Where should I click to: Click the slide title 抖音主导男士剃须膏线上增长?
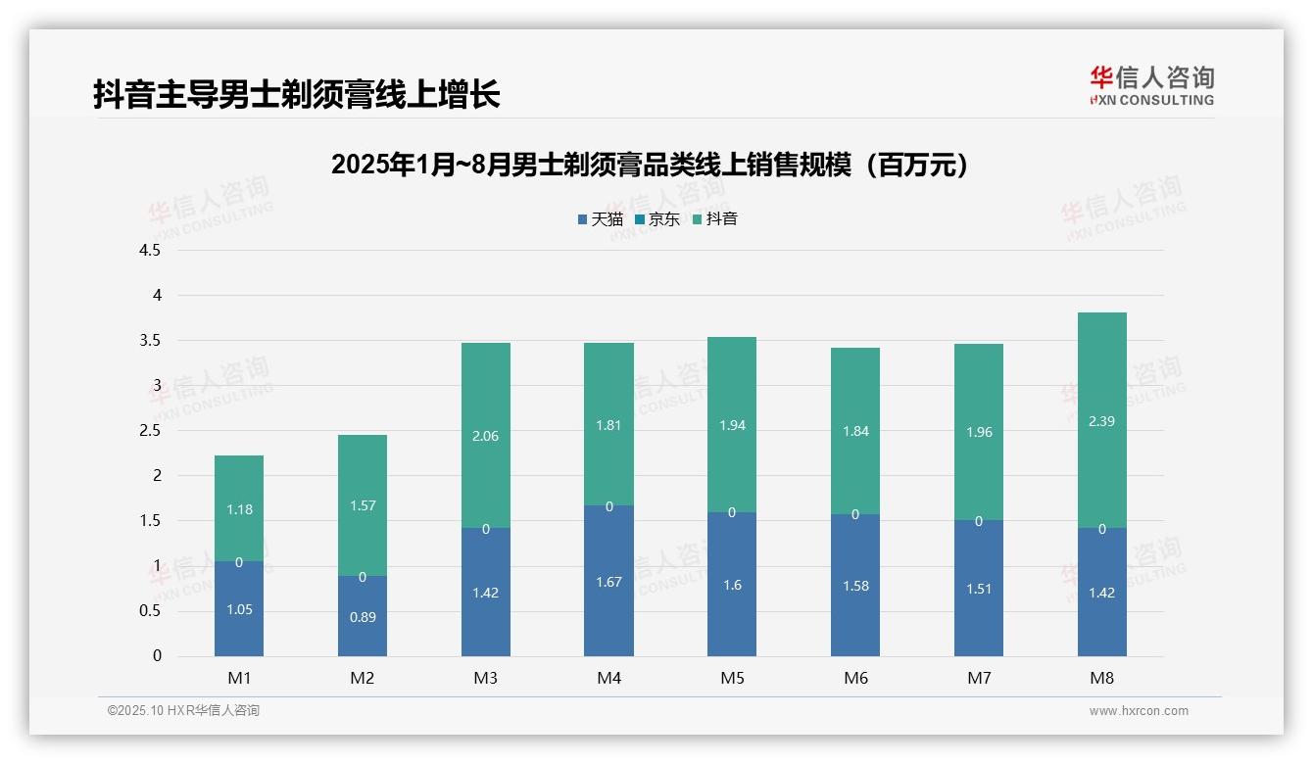[297, 94]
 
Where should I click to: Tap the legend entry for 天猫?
[600, 218]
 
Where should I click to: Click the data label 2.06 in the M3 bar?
[485, 436]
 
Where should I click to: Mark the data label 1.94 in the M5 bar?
[732, 425]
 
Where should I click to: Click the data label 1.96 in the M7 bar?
[978, 432]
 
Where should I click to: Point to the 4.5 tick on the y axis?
[150, 250]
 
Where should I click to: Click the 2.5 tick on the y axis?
[150, 430]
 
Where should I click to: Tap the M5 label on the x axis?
[732, 678]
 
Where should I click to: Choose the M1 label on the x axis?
[239, 678]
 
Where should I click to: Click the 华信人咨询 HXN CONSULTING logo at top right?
[1151, 86]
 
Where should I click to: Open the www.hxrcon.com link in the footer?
[1139, 711]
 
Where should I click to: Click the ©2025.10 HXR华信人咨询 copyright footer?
[183, 711]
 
